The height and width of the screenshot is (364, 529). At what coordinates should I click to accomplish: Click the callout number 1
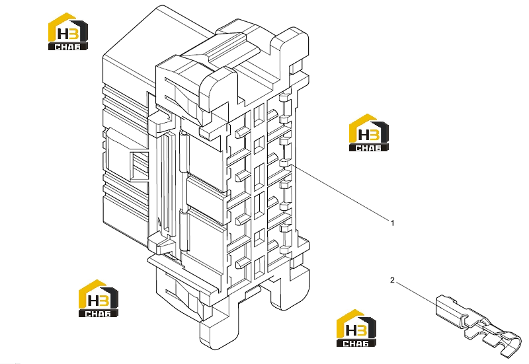click(x=392, y=223)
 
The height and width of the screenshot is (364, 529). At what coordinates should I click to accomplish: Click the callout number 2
click(x=392, y=280)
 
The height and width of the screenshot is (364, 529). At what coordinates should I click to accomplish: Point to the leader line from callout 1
click(x=340, y=193)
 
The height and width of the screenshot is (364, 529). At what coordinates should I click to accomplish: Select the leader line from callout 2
click(x=417, y=293)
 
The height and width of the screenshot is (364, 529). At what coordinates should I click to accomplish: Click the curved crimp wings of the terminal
click(x=509, y=344)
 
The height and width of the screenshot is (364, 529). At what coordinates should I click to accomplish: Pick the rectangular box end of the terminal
click(x=448, y=308)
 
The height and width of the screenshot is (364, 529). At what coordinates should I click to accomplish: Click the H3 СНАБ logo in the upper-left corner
click(x=68, y=32)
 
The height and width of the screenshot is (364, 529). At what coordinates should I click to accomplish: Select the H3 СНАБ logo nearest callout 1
click(x=368, y=133)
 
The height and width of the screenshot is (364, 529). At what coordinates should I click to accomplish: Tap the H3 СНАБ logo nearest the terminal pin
click(x=356, y=328)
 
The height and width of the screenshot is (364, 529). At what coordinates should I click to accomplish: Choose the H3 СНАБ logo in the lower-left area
click(x=98, y=299)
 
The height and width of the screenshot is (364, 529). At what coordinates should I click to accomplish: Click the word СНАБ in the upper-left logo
click(x=68, y=46)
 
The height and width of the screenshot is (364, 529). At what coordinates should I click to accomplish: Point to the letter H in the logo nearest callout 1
click(x=364, y=135)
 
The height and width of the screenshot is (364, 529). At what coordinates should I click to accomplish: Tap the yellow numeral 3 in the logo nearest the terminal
click(x=362, y=330)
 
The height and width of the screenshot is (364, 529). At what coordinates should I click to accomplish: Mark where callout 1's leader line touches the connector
click(x=292, y=166)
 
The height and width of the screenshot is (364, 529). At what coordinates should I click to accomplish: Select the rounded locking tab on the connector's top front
click(x=218, y=89)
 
